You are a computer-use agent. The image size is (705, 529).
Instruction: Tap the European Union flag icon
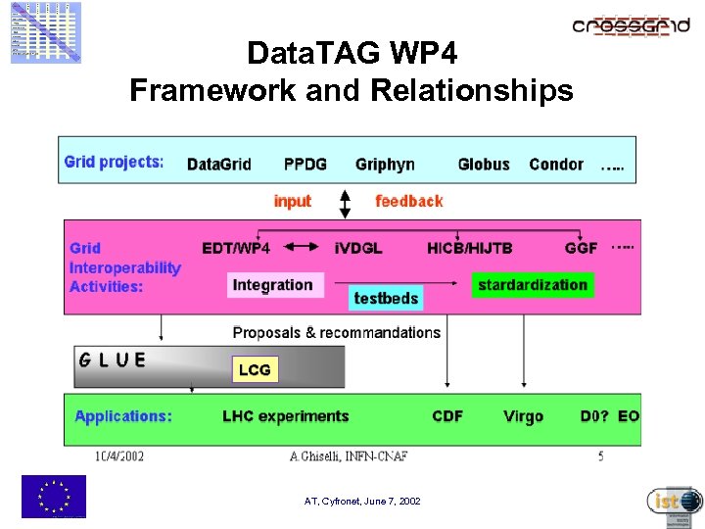click(54, 496)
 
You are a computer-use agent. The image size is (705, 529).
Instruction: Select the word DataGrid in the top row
click(219, 165)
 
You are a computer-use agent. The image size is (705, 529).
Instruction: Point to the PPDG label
click(305, 165)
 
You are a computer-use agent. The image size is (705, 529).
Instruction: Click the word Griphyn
click(385, 165)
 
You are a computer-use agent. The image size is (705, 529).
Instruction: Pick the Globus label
click(484, 165)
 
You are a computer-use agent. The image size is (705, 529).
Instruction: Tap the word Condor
click(555, 165)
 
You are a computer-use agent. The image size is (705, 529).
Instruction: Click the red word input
click(292, 201)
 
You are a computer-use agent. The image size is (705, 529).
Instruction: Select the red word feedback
click(408, 201)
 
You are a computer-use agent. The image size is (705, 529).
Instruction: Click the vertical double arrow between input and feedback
click(344, 204)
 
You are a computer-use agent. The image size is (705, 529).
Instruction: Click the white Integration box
click(272, 285)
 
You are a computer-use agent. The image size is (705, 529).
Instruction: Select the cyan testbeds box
click(386, 298)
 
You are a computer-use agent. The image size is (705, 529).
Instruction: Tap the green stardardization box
click(533, 285)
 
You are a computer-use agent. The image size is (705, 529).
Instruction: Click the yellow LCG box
click(255, 369)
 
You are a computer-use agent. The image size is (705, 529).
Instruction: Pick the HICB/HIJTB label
click(470, 248)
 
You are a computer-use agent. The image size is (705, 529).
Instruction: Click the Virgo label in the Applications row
click(523, 416)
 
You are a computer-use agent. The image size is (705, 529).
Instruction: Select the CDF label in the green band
click(447, 416)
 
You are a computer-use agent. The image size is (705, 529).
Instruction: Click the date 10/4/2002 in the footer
click(119, 456)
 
